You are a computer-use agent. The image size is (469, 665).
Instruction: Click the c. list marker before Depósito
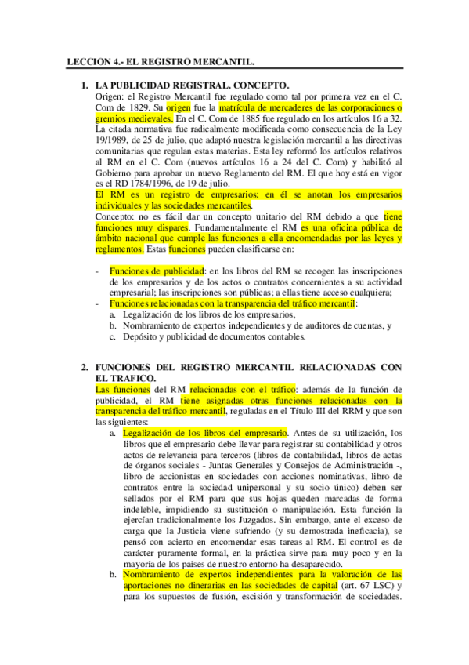point(114,337)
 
